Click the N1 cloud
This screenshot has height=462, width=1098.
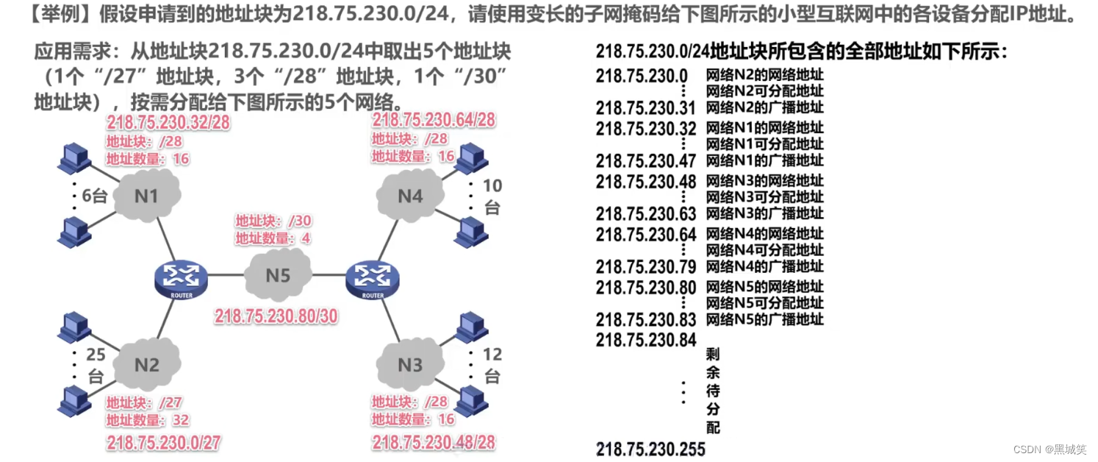pos(146,195)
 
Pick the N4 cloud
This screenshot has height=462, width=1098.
pos(410,196)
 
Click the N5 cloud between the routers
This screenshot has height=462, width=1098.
pos(278,276)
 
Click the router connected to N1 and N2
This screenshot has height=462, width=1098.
pos(181,278)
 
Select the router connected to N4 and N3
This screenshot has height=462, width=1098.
pos(373,278)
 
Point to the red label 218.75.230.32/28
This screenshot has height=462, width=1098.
pos(168,122)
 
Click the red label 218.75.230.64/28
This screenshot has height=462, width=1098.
pos(434,120)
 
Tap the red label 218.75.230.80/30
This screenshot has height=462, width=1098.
pos(276,316)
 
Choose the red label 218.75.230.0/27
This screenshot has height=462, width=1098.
pos(164,443)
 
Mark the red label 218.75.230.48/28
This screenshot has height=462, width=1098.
pos(434,442)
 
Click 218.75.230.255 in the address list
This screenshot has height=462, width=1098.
pos(650,449)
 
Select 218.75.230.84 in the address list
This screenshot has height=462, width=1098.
pos(645,340)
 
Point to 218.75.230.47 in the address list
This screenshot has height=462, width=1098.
pos(645,160)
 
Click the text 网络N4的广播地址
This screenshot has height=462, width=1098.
pos(764,266)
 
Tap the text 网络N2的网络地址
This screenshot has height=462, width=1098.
pos(764,75)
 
